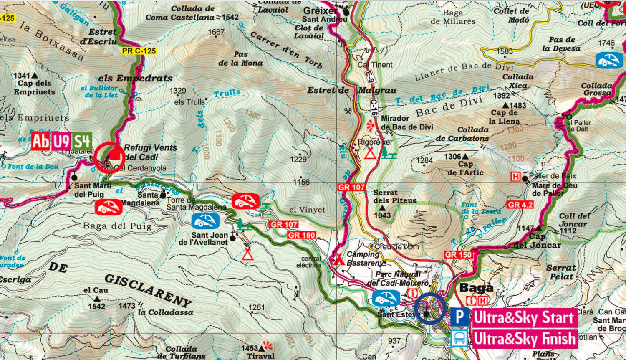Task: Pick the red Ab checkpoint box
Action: (x=40, y=141)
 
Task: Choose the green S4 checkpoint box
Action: (x=82, y=141)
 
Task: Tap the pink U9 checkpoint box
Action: (x=61, y=141)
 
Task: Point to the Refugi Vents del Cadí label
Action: (x=150, y=152)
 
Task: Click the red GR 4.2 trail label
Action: (x=520, y=205)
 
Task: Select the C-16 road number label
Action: (x=374, y=108)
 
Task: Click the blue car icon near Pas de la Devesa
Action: (x=609, y=61)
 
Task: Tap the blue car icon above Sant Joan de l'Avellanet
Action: (x=205, y=221)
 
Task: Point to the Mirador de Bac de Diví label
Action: (x=407, y=123)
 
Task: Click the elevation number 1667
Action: (x=216, y=32)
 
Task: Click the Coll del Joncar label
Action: (x=574, y=220)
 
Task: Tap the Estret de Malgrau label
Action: (x=351, y=91)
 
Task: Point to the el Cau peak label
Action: (x=96, y=290)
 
